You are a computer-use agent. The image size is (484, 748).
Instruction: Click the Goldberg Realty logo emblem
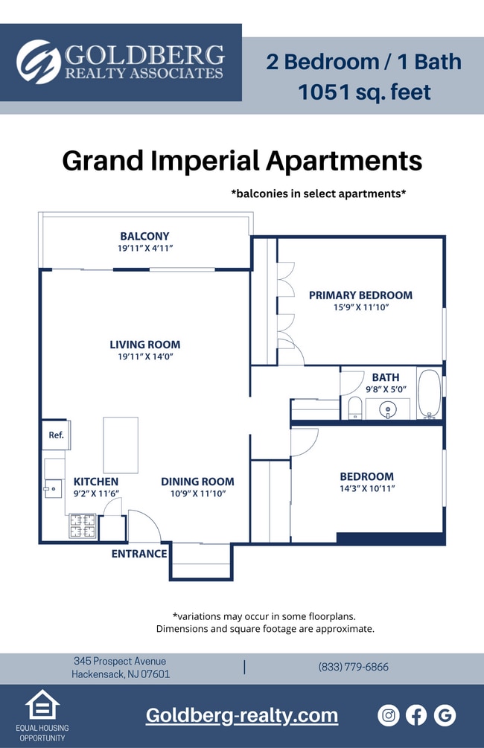point(39,62)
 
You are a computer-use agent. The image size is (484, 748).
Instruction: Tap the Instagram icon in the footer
point(389,715)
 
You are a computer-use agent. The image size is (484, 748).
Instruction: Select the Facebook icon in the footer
point(416,715)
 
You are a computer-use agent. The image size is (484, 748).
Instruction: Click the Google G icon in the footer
point(445,715)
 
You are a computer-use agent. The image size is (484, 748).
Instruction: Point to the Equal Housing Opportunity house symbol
point(42,706)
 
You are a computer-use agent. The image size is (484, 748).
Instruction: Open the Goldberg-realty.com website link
point(241,716)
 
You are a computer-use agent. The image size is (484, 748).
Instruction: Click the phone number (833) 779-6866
point(353,667)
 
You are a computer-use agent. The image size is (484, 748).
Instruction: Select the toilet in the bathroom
point(354,408)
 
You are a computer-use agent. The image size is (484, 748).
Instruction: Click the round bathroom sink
point(387,409)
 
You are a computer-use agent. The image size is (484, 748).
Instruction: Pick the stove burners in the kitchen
point(79,526)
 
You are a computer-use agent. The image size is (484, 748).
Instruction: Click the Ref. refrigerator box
point(56,435)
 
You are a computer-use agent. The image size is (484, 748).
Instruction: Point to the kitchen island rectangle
point(120,444)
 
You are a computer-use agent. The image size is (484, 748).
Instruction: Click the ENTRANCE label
point(139,554)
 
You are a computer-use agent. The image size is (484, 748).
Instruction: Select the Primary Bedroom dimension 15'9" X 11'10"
point(361,307)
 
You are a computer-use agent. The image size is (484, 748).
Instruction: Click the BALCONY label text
point(144,236)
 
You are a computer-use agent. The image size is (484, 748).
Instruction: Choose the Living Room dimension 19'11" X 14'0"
point(144,357)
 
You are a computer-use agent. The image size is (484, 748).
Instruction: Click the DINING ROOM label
point(197,482)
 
